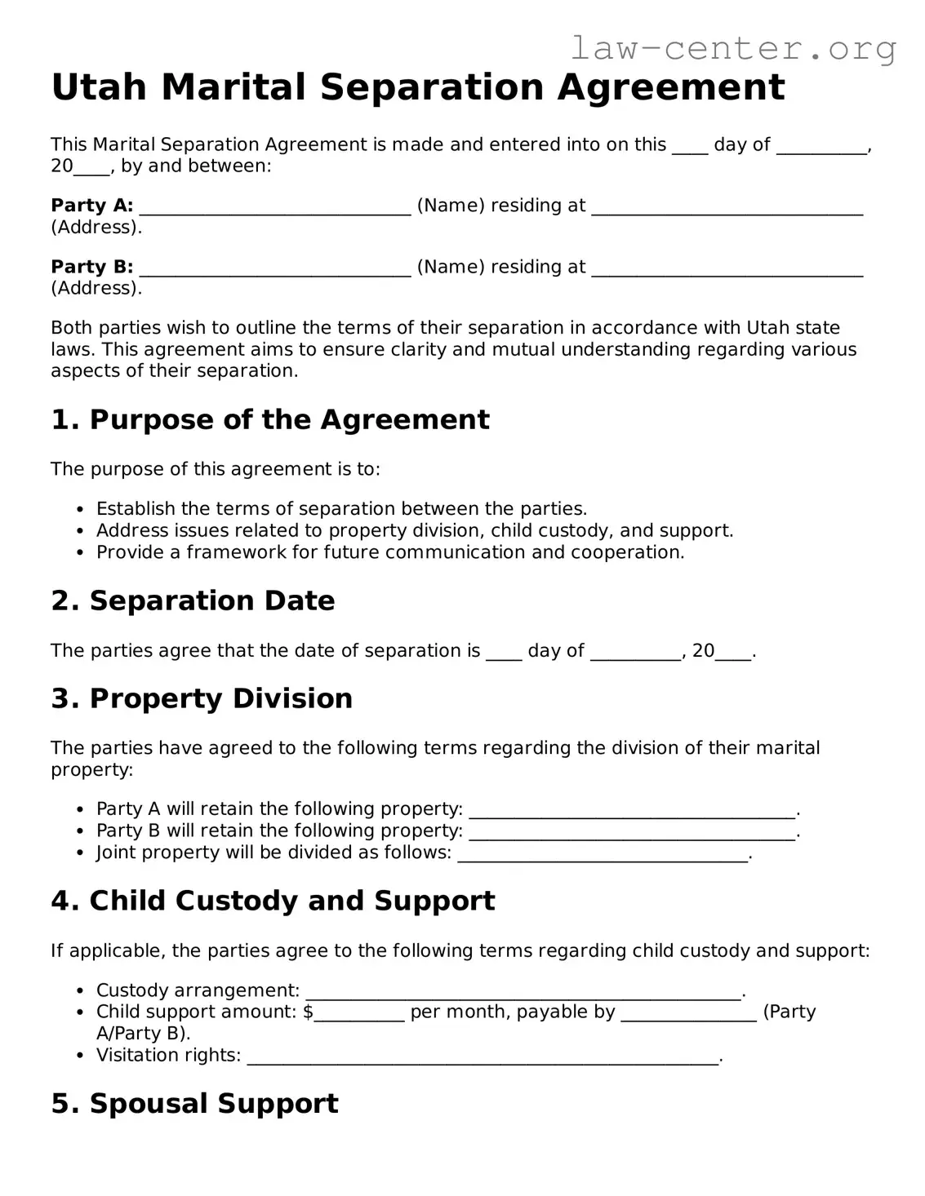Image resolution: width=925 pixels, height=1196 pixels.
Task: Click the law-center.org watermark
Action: tap(732, 49)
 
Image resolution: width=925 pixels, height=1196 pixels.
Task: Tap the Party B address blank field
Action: tap(727, 268)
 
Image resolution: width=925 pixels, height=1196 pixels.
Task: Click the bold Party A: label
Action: tap(91, 206)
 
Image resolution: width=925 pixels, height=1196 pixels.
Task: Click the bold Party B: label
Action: tap(91, 267)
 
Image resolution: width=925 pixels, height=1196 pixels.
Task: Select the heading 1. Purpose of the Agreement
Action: tap(270, 419)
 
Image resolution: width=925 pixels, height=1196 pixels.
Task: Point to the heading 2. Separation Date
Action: tap(193, 600)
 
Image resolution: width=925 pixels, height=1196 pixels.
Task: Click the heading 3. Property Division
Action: tap(202, 698)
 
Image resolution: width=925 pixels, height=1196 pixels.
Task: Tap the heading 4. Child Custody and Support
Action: tap(273, 901)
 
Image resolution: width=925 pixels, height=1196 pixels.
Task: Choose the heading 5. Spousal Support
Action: tap(194, 1103)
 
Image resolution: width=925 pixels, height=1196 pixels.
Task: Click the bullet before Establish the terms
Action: tap(79, 510)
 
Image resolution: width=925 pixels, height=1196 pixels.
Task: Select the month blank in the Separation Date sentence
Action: tap(635, 652)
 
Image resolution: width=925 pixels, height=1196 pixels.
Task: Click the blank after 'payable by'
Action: tap(688, 1013)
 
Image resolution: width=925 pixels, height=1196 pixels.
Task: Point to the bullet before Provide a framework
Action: tap(79, 553)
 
